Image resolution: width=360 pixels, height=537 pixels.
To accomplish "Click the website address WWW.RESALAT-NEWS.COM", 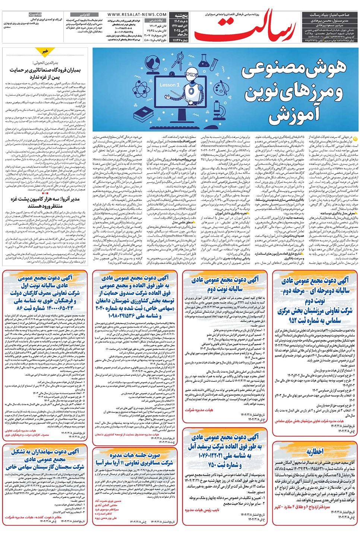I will (132, 15).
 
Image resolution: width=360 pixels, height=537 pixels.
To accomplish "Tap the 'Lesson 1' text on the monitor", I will (169, 85).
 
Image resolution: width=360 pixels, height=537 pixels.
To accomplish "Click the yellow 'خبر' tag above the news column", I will (45, 51).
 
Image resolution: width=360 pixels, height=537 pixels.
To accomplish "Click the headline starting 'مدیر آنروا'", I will (45, 202).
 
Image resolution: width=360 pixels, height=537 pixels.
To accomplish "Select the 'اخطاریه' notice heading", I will (315, 452).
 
